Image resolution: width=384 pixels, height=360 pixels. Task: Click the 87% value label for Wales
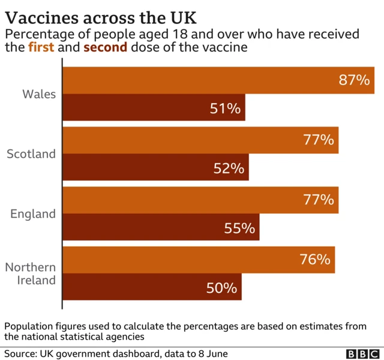coord(354,80)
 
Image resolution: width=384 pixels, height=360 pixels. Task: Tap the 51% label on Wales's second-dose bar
coord(225,109)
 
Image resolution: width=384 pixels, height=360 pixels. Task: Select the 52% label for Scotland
coord(229,169)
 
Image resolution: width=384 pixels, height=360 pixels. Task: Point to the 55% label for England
coord(239,229)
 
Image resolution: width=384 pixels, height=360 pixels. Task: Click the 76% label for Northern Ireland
coord(315,260)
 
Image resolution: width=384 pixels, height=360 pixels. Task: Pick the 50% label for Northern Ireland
coord(221,288)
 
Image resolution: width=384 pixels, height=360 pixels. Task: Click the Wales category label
coord(39,94)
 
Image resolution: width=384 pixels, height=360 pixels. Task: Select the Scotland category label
coord(31,154)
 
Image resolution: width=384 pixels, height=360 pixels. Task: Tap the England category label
coord(33,214)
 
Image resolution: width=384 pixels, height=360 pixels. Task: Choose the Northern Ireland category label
coord(31,274)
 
